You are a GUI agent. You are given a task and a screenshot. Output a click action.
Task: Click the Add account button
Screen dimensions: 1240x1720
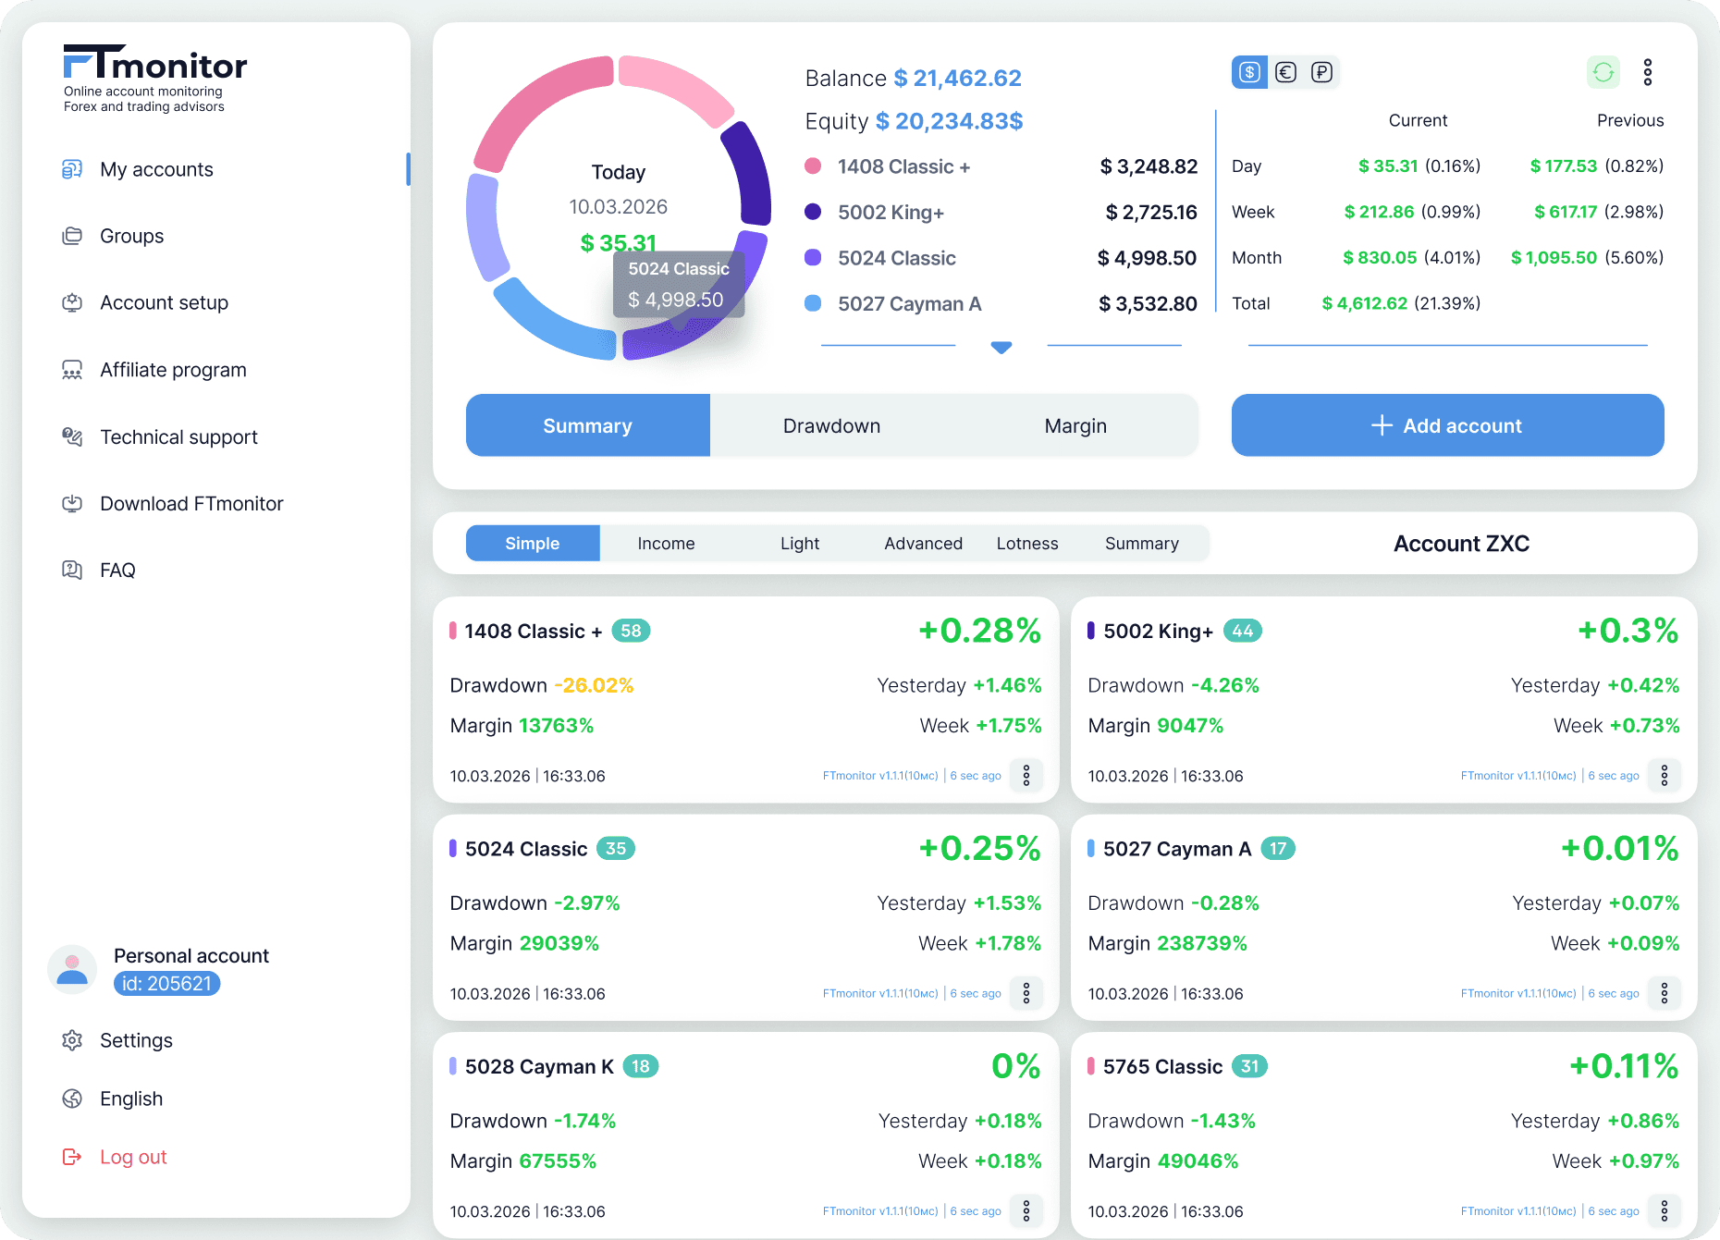tap(1447, 425)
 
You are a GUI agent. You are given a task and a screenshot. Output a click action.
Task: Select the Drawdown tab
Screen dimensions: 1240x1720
tap(831, 425)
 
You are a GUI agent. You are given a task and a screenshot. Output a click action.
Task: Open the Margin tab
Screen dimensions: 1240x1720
tap(1075, 425)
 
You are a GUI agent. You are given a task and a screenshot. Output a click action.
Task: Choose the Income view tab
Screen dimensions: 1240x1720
tap(666, 544)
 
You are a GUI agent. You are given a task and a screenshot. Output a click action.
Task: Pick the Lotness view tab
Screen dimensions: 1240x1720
tap(1026, 544)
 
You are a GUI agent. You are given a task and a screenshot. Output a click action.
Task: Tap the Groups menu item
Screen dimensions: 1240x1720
tap(131, 236)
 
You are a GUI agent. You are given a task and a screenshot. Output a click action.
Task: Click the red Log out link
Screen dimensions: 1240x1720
tap(133, 1157)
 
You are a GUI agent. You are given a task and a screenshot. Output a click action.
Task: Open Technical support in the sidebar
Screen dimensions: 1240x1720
tap(178, 436)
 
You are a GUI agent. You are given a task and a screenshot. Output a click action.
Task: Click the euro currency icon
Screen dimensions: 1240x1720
tap(1285, 72)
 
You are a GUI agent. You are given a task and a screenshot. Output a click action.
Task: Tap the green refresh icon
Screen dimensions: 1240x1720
tap(1603, 72)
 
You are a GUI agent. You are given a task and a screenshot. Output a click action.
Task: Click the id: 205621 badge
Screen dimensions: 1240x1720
tap(166, 984)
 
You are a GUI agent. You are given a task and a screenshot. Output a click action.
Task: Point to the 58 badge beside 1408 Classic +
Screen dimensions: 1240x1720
tap(631, 631)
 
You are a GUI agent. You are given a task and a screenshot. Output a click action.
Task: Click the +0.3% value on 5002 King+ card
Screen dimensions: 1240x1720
tap(1628, 631)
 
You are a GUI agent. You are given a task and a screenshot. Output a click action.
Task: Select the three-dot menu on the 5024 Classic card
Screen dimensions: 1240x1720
tap(1026, 993)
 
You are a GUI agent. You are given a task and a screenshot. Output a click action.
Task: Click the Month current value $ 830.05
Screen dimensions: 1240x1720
tap(1380, 258)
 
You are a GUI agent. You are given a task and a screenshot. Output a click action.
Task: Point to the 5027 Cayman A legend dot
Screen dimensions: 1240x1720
tap(813, 303)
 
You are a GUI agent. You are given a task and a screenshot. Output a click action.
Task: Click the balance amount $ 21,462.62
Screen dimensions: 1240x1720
tap(958, 79)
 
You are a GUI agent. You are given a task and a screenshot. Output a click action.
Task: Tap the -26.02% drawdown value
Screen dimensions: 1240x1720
tap(594, 685)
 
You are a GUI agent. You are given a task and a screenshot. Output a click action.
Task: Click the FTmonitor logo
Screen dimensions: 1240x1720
tap(154, 65)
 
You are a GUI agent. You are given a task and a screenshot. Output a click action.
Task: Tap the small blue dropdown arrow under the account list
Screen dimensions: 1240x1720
tap(1001, 347)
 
